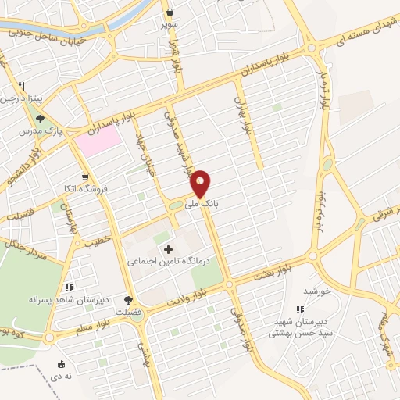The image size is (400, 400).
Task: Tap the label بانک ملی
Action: [x=201, y=203]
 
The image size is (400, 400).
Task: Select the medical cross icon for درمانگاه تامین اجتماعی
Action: [x=168, y=249]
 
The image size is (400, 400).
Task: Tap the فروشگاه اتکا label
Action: [x=90, y=188]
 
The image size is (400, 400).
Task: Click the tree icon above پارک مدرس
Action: [x=40, y=119]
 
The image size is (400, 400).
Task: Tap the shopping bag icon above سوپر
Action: [x=170, y=12]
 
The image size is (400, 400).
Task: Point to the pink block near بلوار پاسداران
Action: [x=98, y=140]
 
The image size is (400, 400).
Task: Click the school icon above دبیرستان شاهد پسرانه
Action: [x=70, y=288]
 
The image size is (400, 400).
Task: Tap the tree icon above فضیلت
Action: [x=129, y=300]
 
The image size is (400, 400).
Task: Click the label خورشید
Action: [x=319, y=291]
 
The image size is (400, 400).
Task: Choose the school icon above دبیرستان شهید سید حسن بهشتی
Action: [x=301, y=310]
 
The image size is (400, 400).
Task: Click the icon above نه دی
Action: [x=61, y=363]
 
